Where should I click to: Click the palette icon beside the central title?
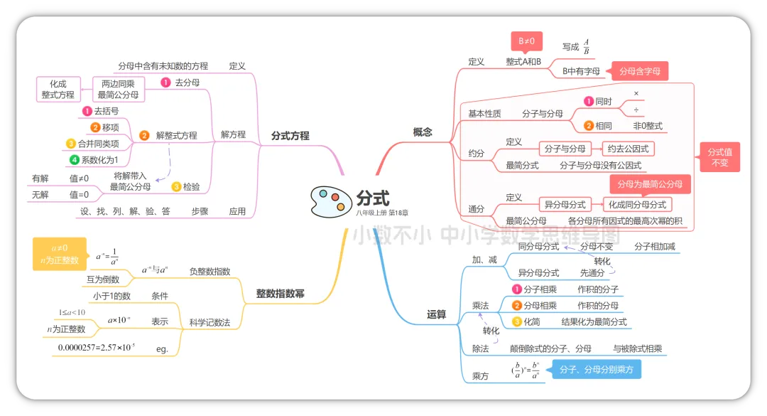(x=328, y=201)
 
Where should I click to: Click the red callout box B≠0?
(x=526, y=42)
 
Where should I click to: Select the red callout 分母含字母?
(x=639, y=71)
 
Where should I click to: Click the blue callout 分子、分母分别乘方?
(x=596, y=370)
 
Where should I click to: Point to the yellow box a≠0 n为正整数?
(x=60, y=254)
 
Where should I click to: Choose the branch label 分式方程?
(x=290, y=135)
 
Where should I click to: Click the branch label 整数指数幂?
(x=280, y=293)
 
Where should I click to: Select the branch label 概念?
(x=423, y=132)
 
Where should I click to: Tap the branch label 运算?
(x=437, y=314)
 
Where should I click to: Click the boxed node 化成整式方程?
(x=58, y=89)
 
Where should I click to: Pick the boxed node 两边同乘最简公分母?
(x=119, y=89)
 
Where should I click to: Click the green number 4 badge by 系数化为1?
(x=75, y=160)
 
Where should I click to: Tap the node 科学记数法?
(x=210, y=322)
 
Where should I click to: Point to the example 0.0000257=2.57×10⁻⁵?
(x=97, y=348)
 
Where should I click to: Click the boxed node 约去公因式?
(x=628, y=149)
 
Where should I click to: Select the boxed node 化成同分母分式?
(x=637, y=204)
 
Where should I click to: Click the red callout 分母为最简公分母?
(x=650, y=184)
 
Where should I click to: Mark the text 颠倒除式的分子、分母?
(x=550, y=348)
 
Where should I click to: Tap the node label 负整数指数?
(x=210, y=271)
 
